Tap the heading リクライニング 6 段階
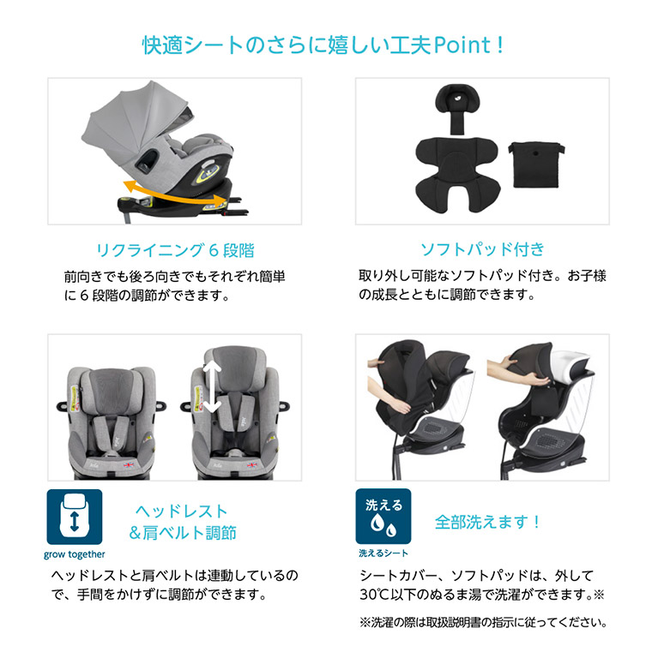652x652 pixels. click(x=175, y=250)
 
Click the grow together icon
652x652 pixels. click(x=74, y=517)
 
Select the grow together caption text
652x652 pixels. click(x=74, y=553)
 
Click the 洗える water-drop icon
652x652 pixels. click(x=383, y=517)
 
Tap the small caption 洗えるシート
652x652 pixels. click(x=383, y=553)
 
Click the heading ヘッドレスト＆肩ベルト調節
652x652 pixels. click(x=181, y=523)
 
